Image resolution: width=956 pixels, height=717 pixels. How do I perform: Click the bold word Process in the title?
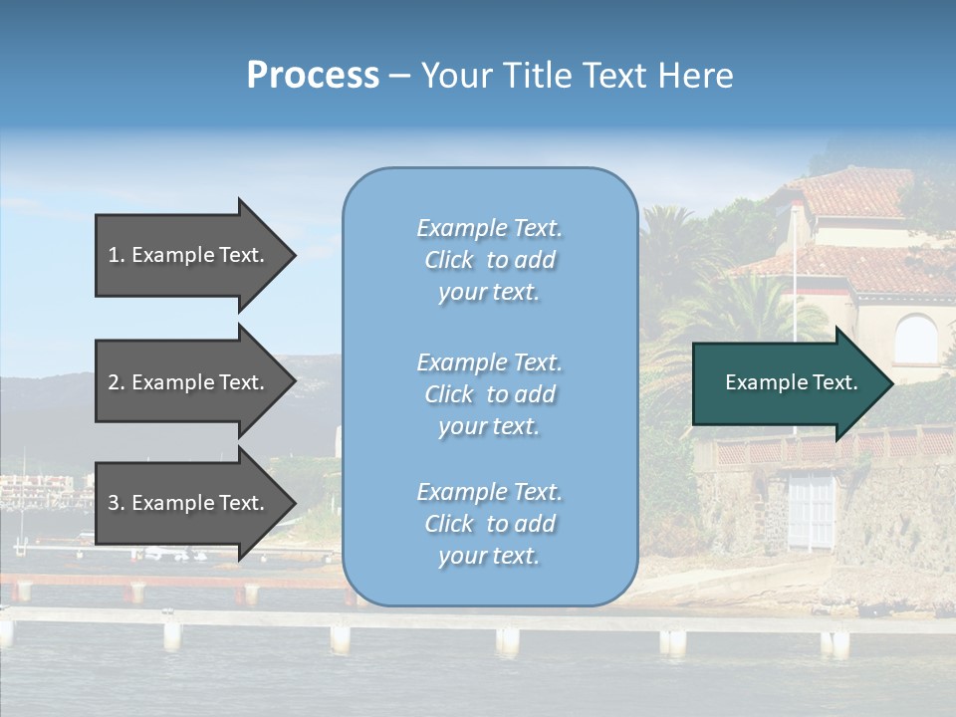pyautogui.click(x=313, y=76)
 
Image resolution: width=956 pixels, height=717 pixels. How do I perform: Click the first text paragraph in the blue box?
pyautogui.click(x=489, y=260)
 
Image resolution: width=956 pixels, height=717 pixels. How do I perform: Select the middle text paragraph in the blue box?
pyautogui.click(x=489, y=394)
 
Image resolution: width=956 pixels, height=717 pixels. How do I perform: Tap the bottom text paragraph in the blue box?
pyautogui.click(x=489, y=524)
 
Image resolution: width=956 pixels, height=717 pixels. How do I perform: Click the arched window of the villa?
pyautogui.click(x=915, y=340)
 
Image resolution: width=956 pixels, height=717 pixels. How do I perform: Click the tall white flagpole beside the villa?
pyautogui.click(x=795, y=299)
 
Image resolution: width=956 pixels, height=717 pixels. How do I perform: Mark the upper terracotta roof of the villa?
pyautogui.click(x=856, y=191)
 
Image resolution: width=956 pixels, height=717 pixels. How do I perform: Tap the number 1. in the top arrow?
pyautogui.click(x=117, y=255)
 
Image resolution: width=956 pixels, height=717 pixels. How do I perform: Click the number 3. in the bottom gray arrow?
pyautogui.click(x=117, y=503)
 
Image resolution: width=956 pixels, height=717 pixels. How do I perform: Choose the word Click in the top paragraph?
pyautogui.click(x=449, y=260)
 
